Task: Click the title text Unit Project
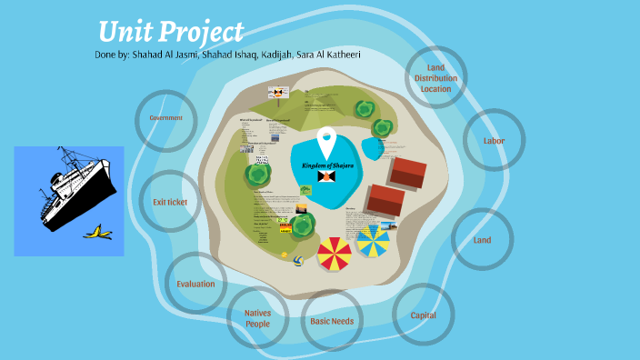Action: (x=171, y=32)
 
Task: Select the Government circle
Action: (x=165, y=119)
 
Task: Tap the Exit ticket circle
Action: (x=170, y=202)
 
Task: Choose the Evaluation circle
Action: (x=195, y=284)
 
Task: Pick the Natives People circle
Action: (x=257, y=318)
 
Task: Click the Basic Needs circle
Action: (x=332, y=321)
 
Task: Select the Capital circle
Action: (x=423, y=315)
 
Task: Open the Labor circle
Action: (x=494, y=141)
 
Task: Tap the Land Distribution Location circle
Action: (x=435, y=78)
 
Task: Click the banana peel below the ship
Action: (x=97, y=234)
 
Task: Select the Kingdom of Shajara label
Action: (x=326, y=165)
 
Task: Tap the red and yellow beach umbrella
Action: (x=334, y=254)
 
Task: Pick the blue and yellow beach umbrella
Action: (x=373, y=242)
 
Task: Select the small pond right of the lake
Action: (x=373, y=145)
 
